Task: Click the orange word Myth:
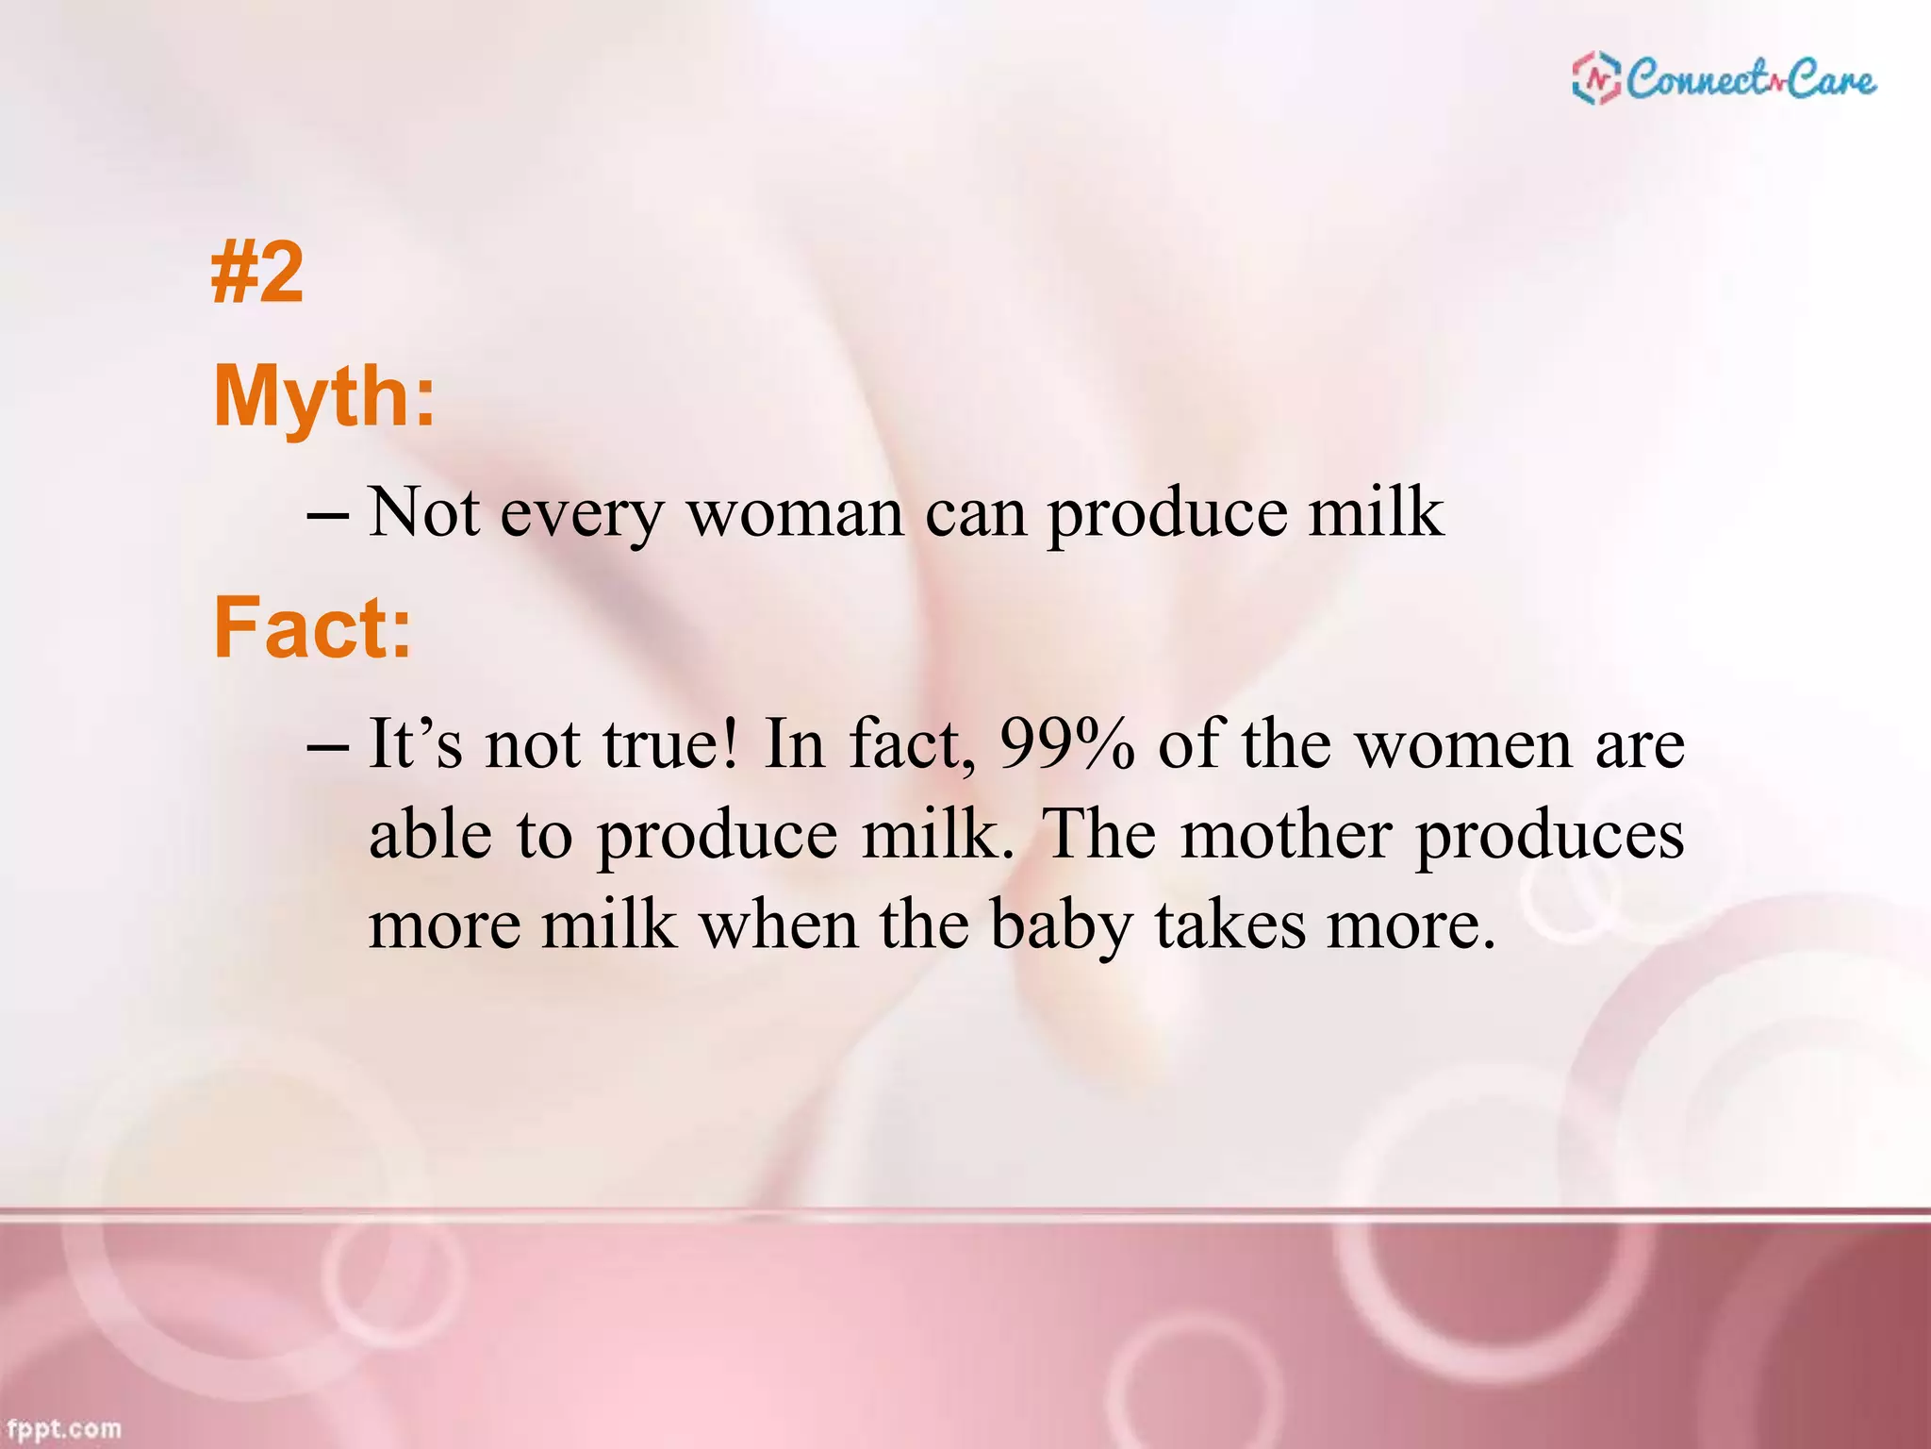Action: coord(325,396)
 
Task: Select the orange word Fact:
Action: coord(313,628)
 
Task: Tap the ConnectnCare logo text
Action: coord(1751,78)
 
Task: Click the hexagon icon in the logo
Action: coord(1596,78)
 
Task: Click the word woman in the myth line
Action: coord(795,514)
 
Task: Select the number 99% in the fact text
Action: coord(1066,745)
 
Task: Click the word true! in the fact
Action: coord(670,745)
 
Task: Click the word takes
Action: coord(1230,926)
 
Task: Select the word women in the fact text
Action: coord(1463,745)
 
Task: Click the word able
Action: coord(430,836)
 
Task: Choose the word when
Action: coord(778,926)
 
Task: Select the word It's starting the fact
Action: coord(415,745)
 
